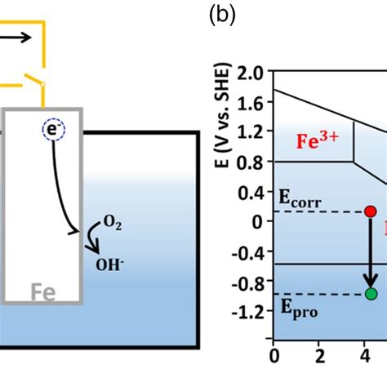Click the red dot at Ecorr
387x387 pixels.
point(371,211)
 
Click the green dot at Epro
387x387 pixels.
point(371,294)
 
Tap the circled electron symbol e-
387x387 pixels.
point(54,130)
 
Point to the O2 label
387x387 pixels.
point(112,223)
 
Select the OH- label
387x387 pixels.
point(109,265)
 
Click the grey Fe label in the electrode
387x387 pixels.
point(43,292)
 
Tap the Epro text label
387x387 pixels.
point(299,309)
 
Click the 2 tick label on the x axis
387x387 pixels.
point(320,356)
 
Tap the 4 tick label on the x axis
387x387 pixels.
point(365,356)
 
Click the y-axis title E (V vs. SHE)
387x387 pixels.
point(223,115)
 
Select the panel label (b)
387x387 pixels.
point(222,16)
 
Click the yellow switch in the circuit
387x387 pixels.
point(34,80)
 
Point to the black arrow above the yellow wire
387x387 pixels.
point(16,38)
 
